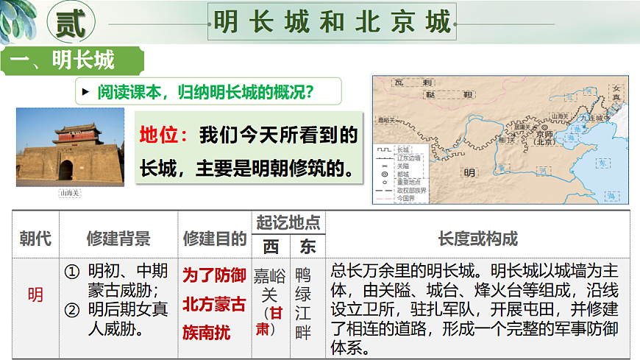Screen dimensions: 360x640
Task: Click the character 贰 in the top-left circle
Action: pyautogui.click(x=71, y=23)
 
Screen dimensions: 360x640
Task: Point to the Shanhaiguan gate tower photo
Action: pyautogui.click(x=71, y=147)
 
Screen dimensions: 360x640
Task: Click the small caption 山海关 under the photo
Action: pyautogui.click(x=70, y=193)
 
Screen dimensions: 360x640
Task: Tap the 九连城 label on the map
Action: pyautogui.click(x=594, y=117)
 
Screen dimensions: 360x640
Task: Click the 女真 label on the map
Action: pyautogui.click(x=616, y=93)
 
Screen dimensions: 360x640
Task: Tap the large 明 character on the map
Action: pyautogui.click(x=469, y=174)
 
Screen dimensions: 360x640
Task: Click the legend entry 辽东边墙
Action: pyautogui.click(x=408, y=158)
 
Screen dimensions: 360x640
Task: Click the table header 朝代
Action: pyautogui.click(x=35, y=239)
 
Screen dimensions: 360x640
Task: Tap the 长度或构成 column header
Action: pyautogui.click(x=477, y=239)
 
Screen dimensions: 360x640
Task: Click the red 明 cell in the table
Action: pyautogui.click(x=35, y=295)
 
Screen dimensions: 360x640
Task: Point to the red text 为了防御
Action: pyautogui.click(x=214, y=275)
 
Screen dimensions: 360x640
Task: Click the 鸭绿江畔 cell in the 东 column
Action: pyautogui.click(x=303, y=303)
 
